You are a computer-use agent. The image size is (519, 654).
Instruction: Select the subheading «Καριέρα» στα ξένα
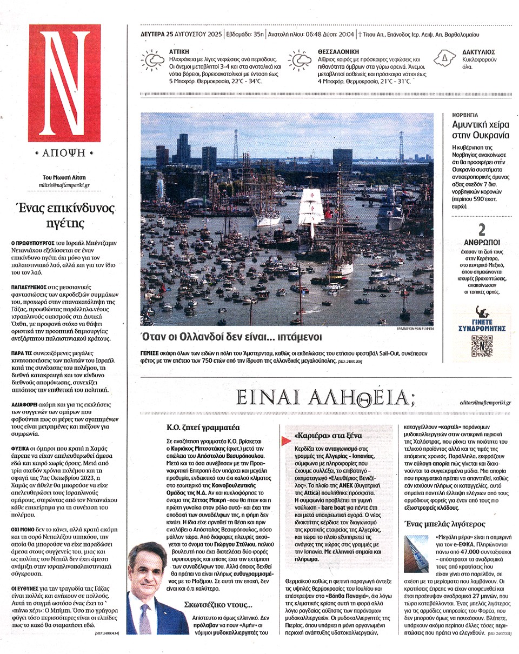click(x=321, y=436)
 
